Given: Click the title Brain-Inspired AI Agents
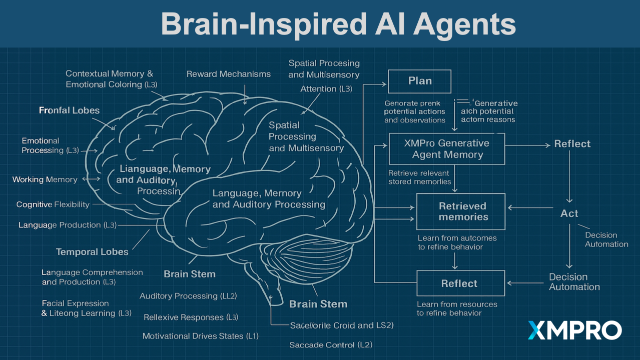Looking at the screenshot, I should [x=338, y=23].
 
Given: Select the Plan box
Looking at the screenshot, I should [x=419, y=81].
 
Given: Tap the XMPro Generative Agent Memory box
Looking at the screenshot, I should [x=447, y=149].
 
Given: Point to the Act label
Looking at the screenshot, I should [x=569, y=213].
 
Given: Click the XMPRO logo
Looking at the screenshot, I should [x=574, y=330].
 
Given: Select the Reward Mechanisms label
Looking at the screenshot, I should [x=228, y=74].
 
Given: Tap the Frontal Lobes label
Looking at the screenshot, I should [x=69, y=110].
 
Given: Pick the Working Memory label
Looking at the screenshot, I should [x=45, y=179].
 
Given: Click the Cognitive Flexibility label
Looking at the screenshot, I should [x=53, y=204].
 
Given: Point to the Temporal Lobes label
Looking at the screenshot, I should [x=92, y=252].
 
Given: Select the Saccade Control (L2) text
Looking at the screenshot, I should [x=331, y=345].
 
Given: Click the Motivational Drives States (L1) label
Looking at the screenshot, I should [x=200, y=336].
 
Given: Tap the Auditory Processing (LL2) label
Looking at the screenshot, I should [x=188, y=296].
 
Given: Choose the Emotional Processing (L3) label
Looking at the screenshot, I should [x=50, y=145].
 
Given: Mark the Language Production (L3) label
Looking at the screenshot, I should [x=67, y=225].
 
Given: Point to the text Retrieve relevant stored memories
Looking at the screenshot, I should [x=419, y=177].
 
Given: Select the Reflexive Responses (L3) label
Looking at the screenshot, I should [x=191, y=317].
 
